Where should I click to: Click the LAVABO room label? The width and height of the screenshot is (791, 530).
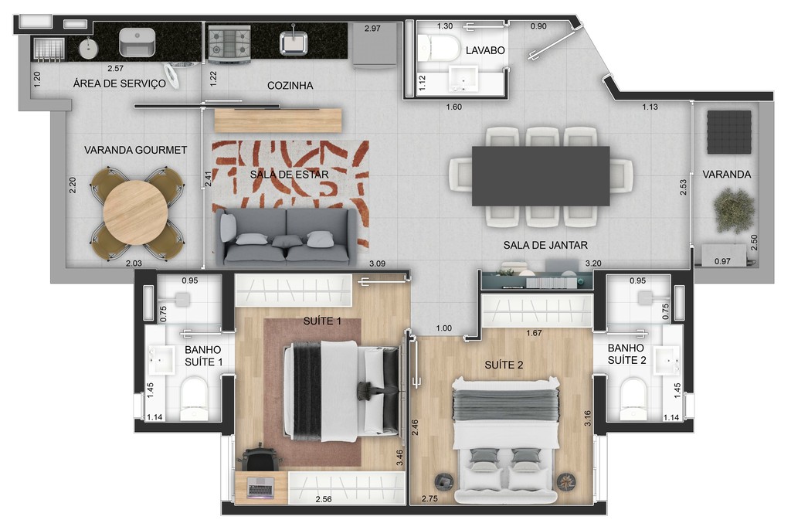(x=485, y=50)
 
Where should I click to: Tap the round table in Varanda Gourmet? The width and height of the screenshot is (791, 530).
(x=136, y=212)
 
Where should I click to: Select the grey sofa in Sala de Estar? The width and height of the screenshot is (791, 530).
(x=287, y=237)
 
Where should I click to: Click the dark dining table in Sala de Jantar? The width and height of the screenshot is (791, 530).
(x=541, y=175)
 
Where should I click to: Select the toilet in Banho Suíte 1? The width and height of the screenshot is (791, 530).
(x=193, y=395)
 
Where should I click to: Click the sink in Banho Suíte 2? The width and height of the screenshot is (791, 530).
(x=665, y=358)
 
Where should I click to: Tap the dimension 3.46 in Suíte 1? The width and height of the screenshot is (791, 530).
(x=399, y=460)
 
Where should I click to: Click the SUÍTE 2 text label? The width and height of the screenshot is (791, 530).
(x=504, y=365)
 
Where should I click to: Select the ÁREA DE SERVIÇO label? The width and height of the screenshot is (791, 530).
(x=119, y=84)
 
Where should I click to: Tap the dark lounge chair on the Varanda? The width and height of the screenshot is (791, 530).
(x=729, y=131)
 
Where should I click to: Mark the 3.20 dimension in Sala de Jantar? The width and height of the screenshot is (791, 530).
(x=593, y=263)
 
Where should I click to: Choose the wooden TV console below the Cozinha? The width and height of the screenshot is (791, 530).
(x=277, y=120)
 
